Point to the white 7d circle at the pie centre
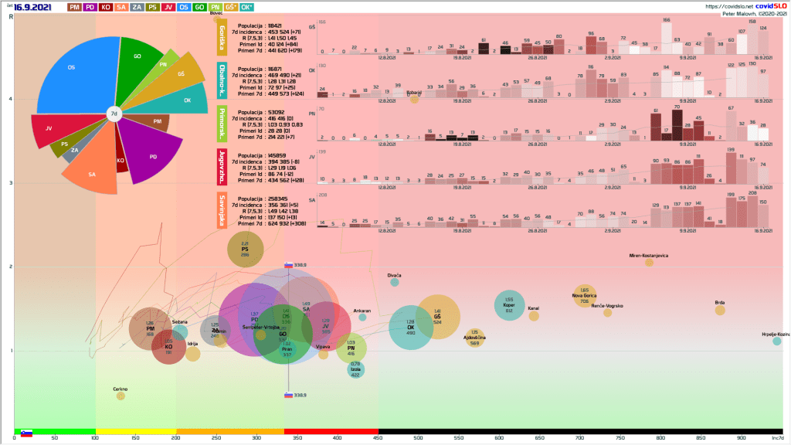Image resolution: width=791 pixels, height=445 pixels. coord(114,114)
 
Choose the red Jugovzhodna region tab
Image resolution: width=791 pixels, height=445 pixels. coord(222,167)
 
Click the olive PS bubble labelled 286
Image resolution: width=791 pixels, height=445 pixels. coord(245,249)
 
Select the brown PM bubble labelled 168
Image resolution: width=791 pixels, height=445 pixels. coord(150,329)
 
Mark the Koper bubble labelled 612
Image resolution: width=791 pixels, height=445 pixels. coord(509,305)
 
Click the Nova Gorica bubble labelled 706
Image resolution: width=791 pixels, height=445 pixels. coord(585,296)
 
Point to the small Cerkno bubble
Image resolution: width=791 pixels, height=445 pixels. coord(121,396)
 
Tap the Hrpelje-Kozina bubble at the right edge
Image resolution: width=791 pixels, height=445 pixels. coord(777,341)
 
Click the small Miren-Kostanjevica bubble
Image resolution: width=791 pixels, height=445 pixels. coord(649,263)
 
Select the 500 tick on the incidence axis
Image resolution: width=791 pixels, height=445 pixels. coord(418,438)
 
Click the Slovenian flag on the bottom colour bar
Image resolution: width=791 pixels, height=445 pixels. coord(26,433)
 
